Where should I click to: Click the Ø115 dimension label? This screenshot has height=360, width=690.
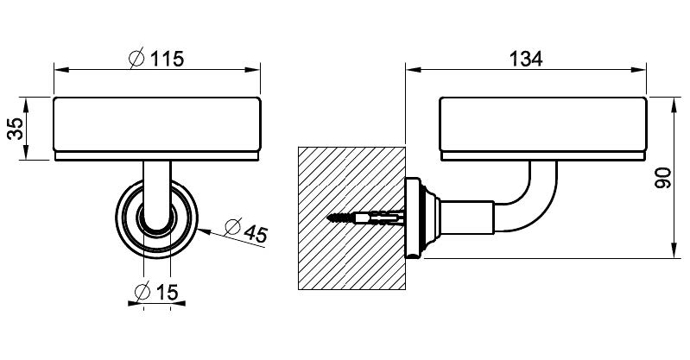point(156,58)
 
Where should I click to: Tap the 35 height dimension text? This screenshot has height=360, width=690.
point(16,129)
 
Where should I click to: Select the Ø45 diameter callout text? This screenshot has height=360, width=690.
point(245,230)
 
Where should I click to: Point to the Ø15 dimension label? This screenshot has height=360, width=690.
point(156,291)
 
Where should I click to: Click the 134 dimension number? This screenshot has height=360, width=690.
point(526,59)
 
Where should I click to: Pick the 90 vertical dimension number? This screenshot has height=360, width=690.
point(663,178)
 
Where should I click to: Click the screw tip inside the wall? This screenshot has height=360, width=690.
point(329,217)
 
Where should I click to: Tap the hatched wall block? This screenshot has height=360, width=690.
point(351,218)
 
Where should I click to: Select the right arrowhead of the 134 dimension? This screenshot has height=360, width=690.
point(639,70)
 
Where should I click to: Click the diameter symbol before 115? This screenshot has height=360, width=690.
point(136,58)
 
